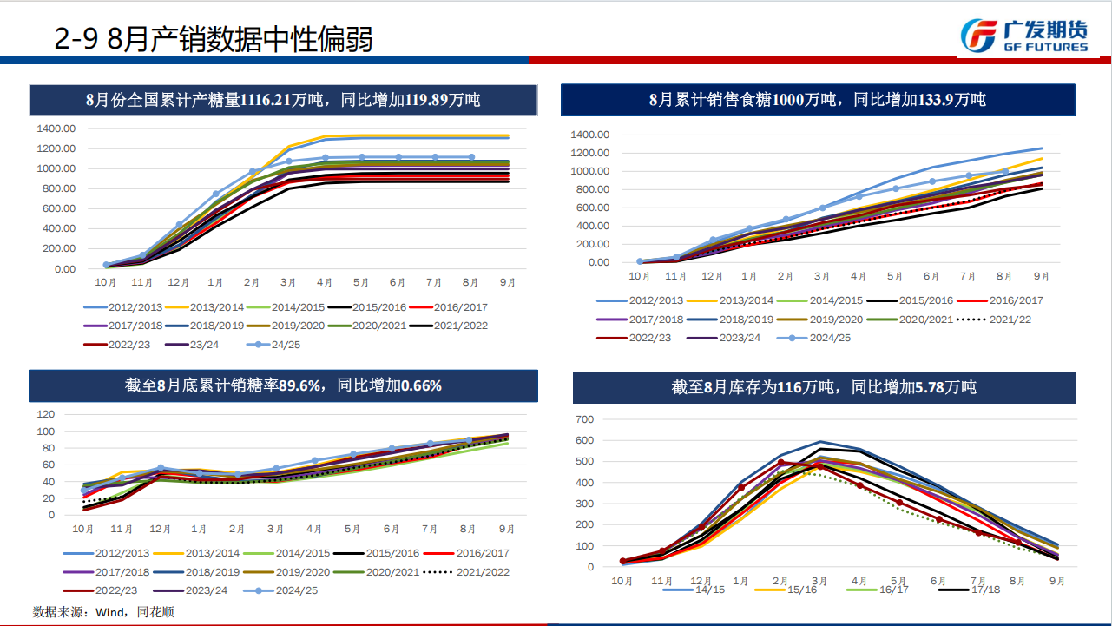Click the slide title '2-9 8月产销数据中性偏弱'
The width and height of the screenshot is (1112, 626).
click(214, 38)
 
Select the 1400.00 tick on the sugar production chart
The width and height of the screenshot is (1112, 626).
click(56, 128)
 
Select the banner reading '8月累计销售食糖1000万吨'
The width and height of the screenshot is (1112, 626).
click(817, 100)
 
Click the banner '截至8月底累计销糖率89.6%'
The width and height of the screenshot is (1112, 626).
click(283, 385)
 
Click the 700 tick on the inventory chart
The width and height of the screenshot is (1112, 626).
click(584, 419)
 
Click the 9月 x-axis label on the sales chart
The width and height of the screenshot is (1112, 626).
click(1041, 276)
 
